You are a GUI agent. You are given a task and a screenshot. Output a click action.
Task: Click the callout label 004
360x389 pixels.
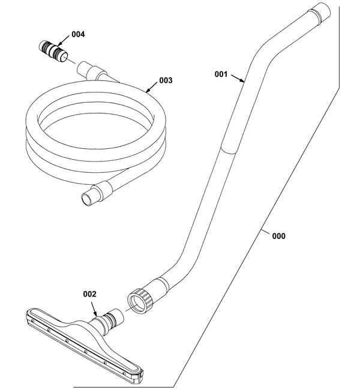click(78, 34)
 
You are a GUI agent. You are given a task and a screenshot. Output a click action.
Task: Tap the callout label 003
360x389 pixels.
click(166, 80)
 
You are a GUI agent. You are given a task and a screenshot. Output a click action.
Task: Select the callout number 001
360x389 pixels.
click(221, 74)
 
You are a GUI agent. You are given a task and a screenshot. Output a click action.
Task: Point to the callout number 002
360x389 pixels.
click(89, 294)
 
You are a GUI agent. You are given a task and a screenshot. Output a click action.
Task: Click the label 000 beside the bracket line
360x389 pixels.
click(278, 236)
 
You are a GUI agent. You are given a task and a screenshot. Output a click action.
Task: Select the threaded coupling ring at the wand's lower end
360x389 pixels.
click(140, 301)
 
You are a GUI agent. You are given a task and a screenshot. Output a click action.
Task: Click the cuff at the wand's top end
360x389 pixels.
click(319, 13)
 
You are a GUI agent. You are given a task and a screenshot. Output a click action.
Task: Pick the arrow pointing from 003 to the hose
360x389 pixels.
click(151, 87)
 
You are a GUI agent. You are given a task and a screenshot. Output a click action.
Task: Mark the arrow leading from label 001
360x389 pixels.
click(238, 78)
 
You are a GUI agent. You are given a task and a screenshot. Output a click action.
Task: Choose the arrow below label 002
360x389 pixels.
click(94, 309)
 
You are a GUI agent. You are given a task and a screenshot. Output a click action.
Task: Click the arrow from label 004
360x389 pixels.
click(63, 41)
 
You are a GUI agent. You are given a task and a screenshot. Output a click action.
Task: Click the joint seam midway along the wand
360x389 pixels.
click(228, 150)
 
